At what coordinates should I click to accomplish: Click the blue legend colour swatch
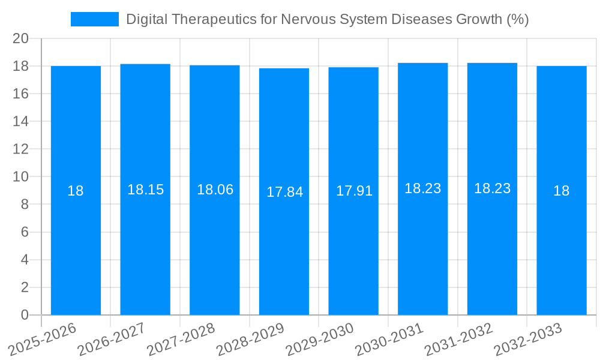pos(94,19)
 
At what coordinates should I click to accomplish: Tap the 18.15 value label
pos(145,190)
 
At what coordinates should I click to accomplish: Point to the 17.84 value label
pos(284,192)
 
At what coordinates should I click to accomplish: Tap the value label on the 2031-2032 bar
pos(492,188)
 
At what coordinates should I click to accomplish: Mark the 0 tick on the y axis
pos(25,315)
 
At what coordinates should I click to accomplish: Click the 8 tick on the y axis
pos(25,205)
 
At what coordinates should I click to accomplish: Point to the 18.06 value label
pos(215,190)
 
